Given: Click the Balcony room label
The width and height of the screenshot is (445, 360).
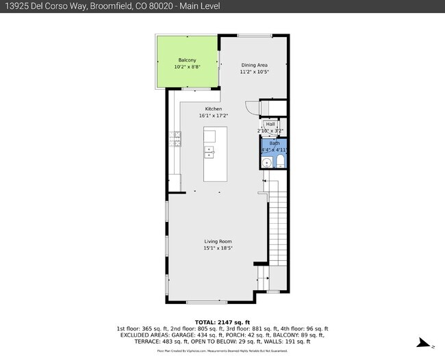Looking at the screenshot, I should pos(188,60).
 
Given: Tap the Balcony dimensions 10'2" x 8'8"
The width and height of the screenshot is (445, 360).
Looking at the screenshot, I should pos(187,67).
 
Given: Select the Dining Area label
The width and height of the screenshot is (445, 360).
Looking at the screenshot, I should pos(254,65).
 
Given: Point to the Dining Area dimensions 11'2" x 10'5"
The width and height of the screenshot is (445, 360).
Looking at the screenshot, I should pos(254,72).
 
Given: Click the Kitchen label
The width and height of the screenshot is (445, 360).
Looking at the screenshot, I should pos(214,109).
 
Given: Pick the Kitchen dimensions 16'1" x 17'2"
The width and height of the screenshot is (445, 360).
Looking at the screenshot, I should pos(214,116).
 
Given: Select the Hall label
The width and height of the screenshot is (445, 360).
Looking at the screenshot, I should pos(270,124).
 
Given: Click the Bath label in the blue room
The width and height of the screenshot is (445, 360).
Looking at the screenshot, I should pos(275,142).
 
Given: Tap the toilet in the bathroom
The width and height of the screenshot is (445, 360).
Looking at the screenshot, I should pos(279,162).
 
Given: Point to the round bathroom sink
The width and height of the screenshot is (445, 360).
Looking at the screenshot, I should pos(266,162).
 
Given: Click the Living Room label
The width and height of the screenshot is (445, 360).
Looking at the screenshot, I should pos(218,242).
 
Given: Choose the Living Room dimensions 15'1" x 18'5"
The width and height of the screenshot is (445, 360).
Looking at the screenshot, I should pos(218,248).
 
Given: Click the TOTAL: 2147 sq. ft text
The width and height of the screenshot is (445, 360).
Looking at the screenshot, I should pos(223,322).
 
